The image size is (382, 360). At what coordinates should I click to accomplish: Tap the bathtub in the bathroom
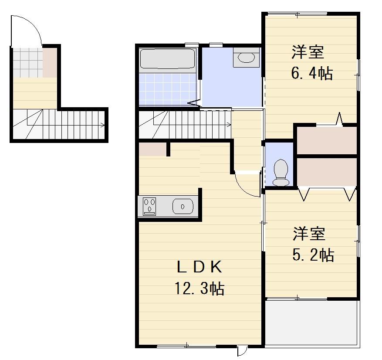tap(167, 59)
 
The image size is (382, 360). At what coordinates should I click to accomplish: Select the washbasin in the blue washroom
tap(247, 58)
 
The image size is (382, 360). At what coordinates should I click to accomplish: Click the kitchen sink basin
tap(183, 206)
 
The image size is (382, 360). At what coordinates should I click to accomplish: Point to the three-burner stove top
tap(150, 206)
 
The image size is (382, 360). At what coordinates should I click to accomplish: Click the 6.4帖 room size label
tap(312, 73)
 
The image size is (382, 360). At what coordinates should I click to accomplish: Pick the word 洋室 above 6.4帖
tap(308, 52)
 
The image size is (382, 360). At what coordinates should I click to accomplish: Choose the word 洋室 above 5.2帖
tap(308, 234)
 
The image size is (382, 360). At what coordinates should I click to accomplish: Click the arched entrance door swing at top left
tap(26, 31)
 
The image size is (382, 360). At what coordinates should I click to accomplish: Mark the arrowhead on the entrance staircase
tap(103, 126)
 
